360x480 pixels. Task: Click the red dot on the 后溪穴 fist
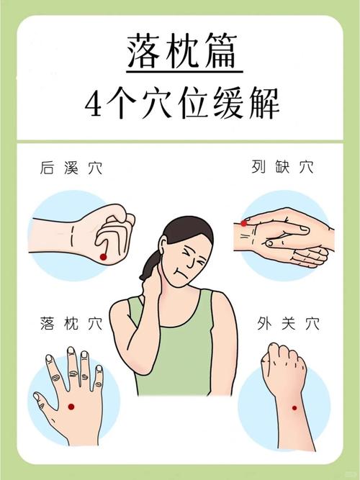click(103, 257)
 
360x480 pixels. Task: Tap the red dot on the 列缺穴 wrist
click(243, 223)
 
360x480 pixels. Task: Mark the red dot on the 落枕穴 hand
click(71, 407)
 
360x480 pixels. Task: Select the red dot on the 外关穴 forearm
click(294, 409)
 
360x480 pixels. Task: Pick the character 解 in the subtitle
click(261, 105)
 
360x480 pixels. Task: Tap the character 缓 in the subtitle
click(224, 105)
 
